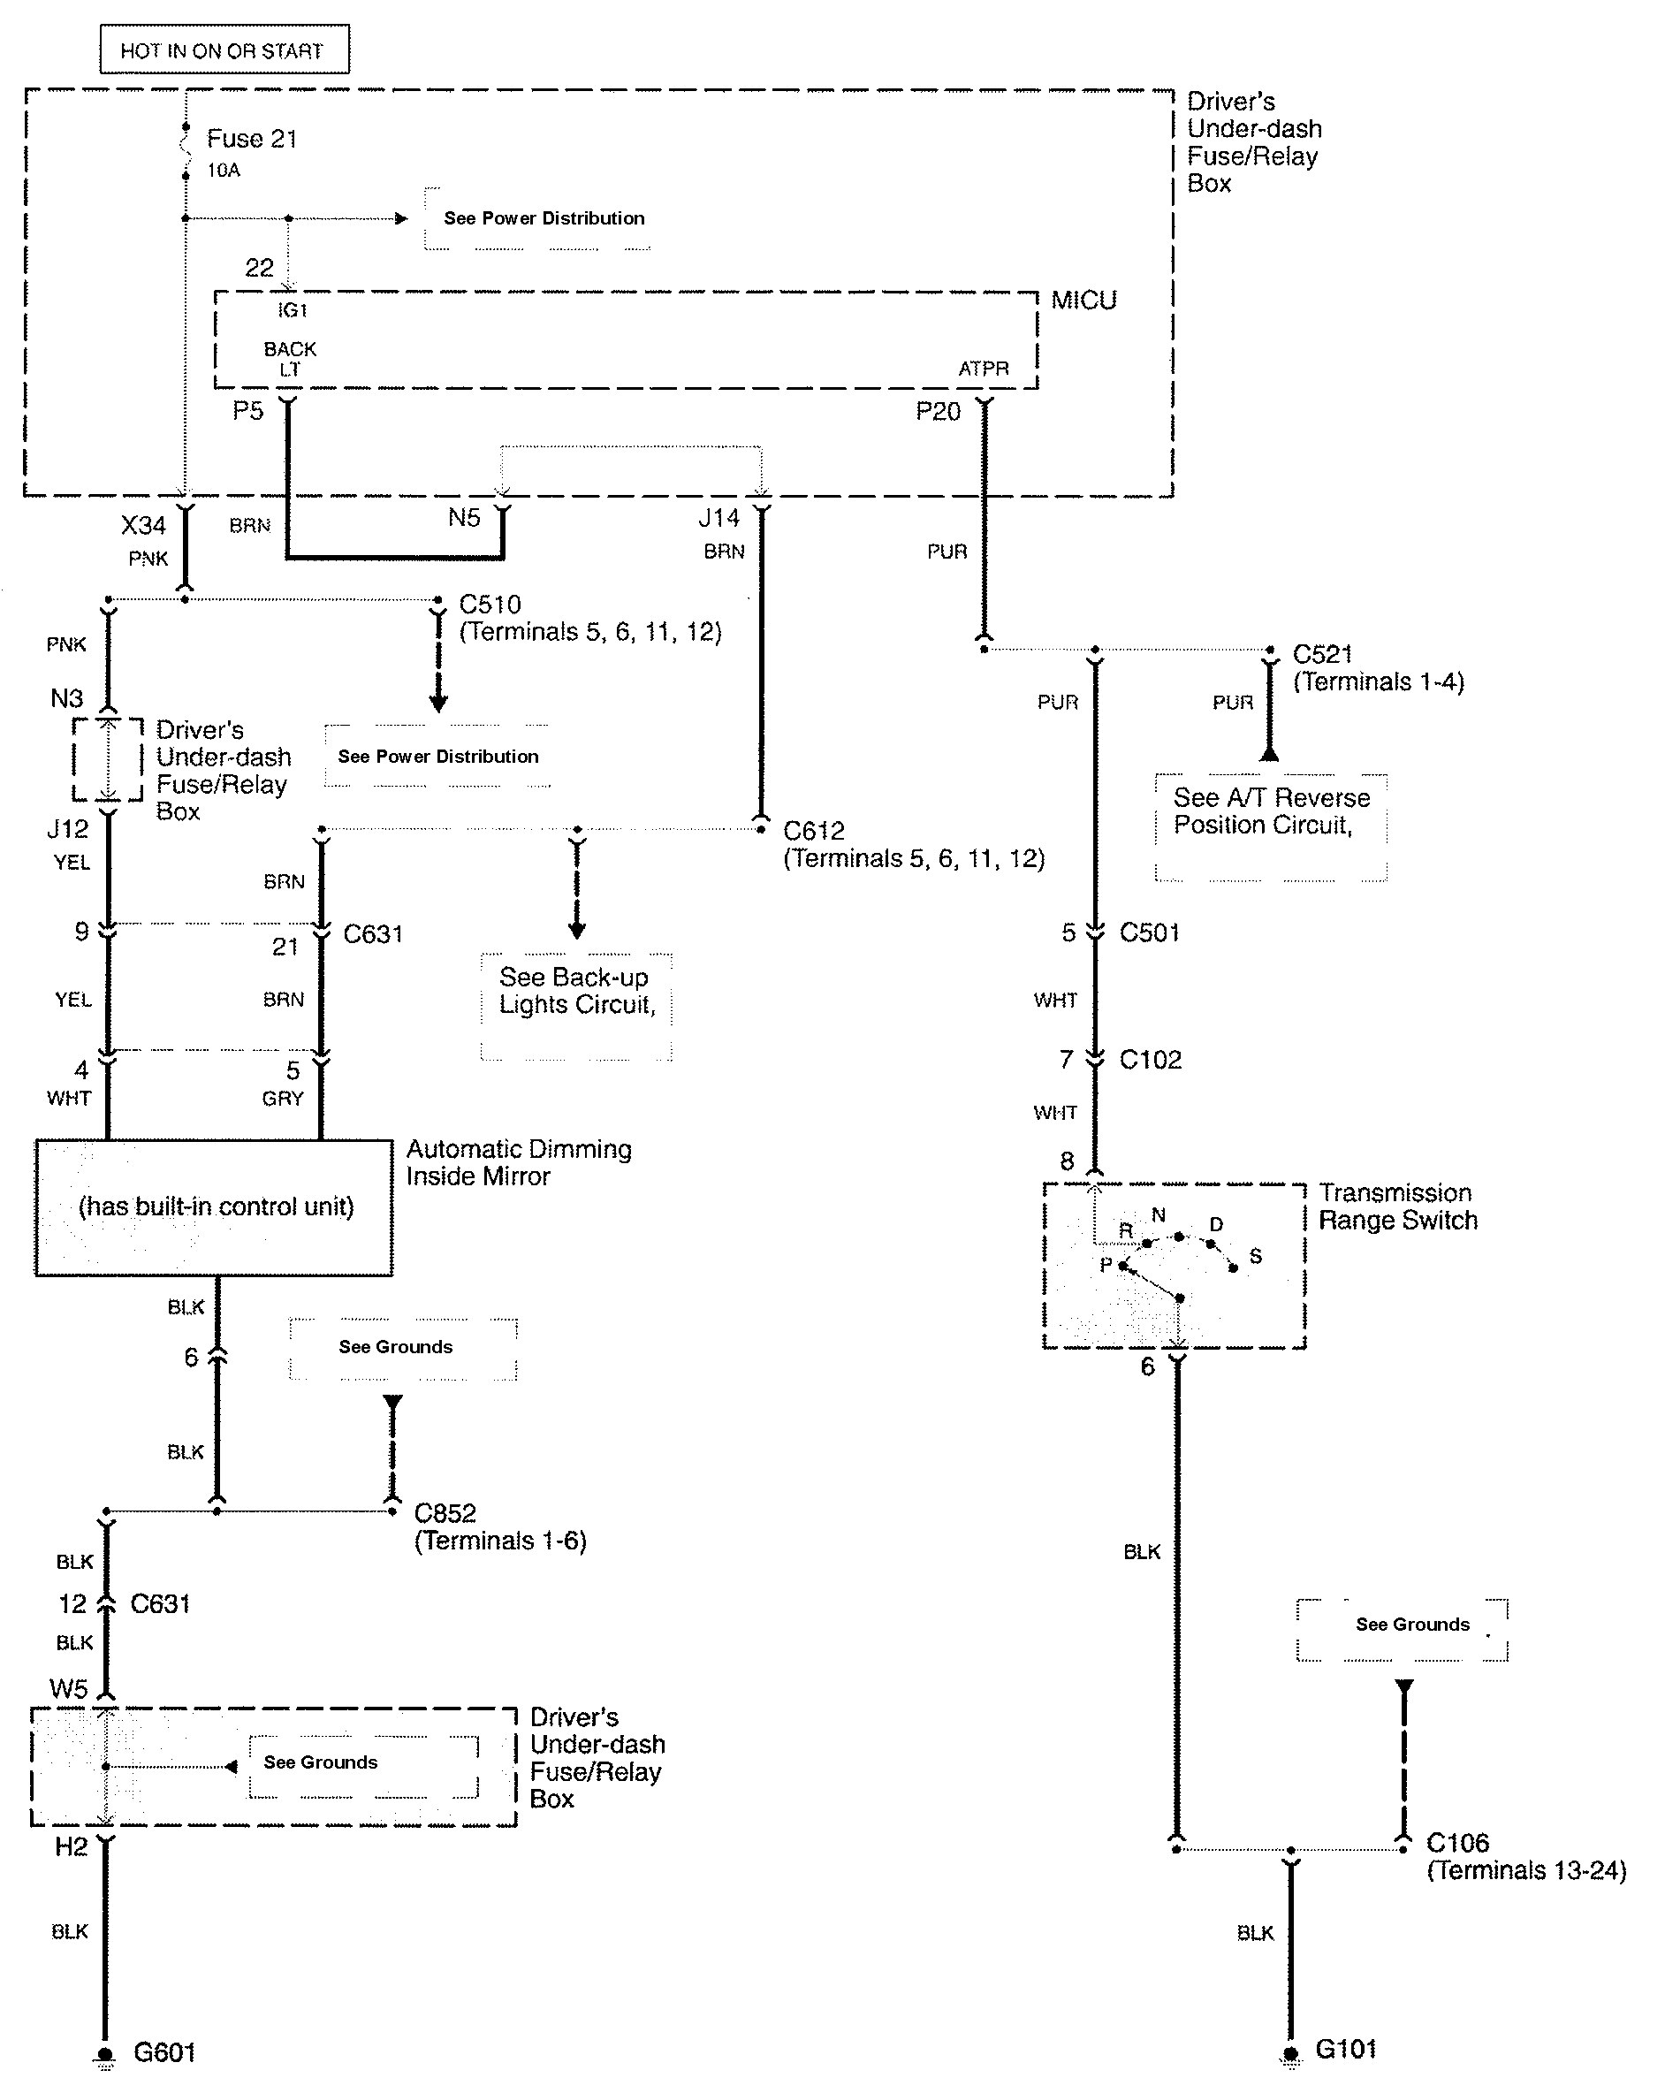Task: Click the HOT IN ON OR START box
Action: coord(224,49)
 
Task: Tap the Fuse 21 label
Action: coord(252,139)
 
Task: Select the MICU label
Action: coord(1083,300)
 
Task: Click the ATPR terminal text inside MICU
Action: coord(984,369)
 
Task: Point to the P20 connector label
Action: coord(938,412)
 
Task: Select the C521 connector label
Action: coord(1322,654)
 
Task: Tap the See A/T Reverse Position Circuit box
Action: coord(1271,826)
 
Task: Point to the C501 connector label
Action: coord(1150,932)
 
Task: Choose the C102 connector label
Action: coord(1151,1059)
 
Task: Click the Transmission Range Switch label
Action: coord(1397,1206)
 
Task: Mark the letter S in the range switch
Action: coord(1255,1256)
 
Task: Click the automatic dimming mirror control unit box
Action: coord(215,1206)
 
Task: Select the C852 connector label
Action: coord(445,1513)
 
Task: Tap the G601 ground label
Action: coord(164,2052)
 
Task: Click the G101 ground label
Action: coord(1346,2050)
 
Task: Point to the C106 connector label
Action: coord(1457,1843)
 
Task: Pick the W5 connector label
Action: coord(69,1689)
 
